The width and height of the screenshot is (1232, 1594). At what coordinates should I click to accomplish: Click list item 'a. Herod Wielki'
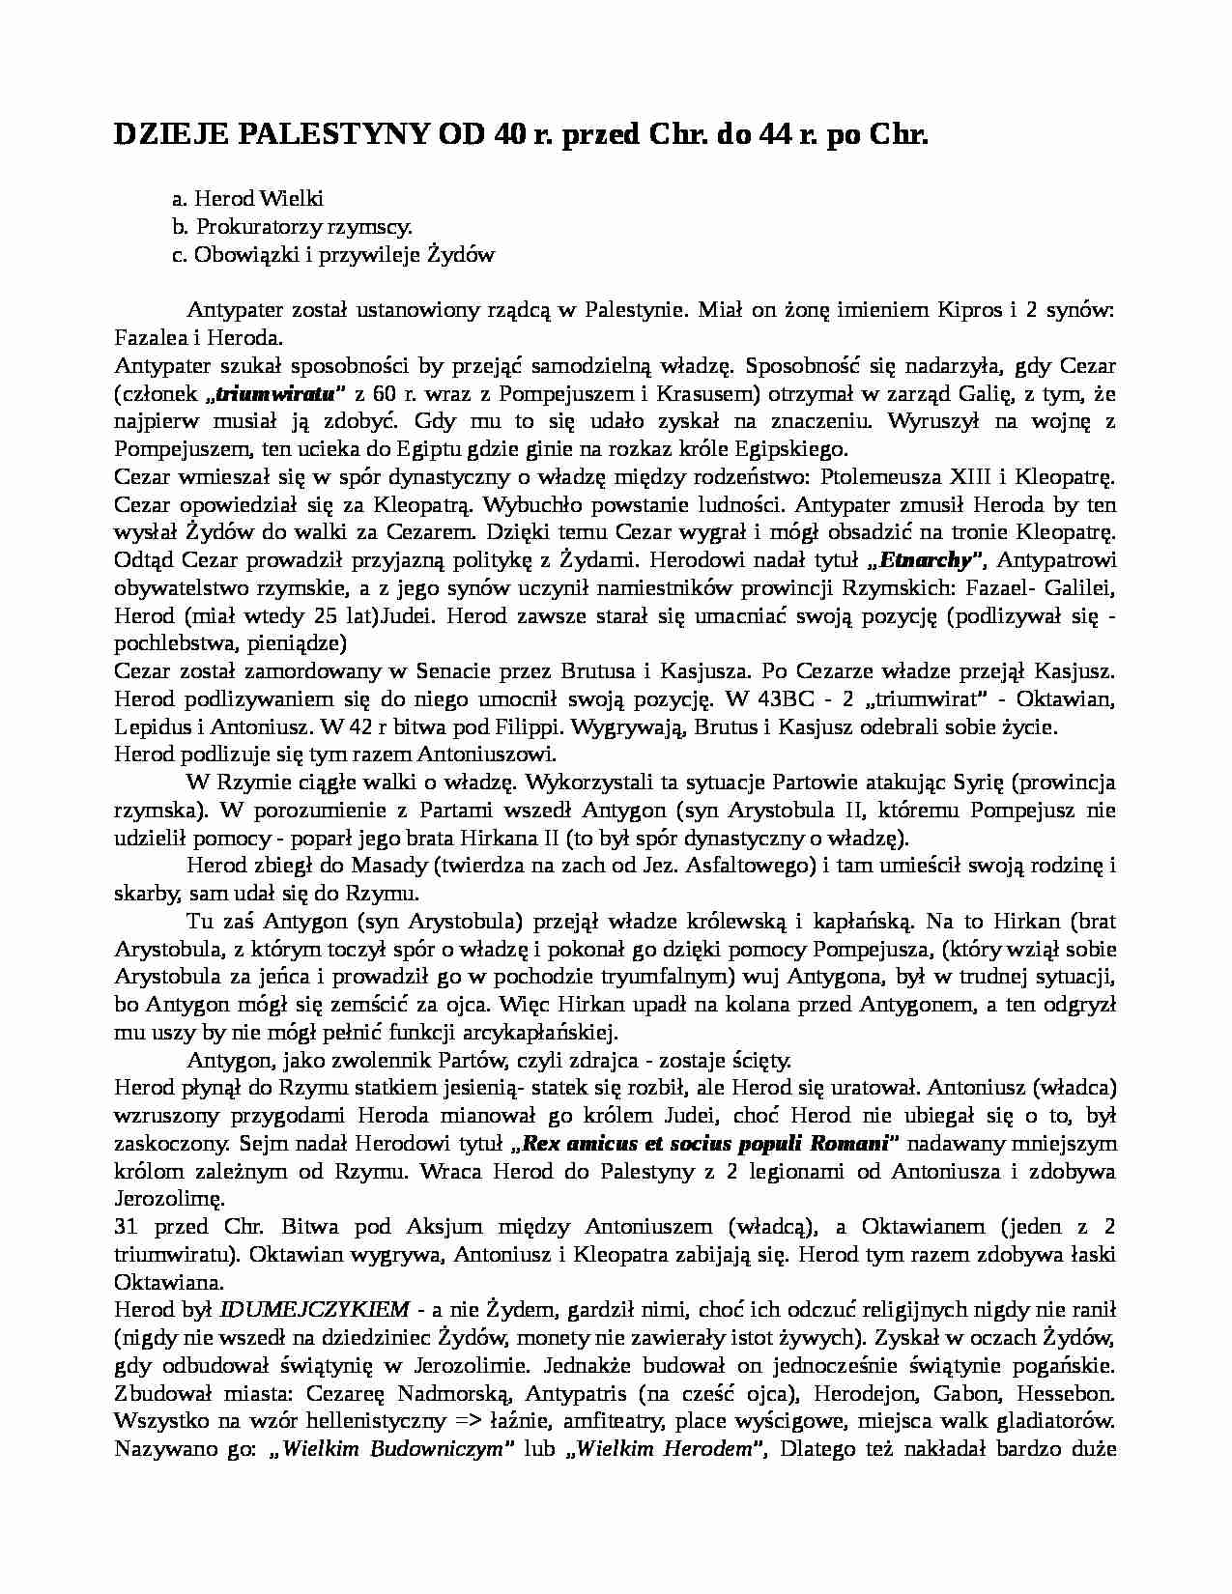247,199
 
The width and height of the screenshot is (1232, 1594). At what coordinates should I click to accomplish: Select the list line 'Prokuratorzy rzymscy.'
304,227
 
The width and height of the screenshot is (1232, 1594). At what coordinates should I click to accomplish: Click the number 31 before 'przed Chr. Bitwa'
125,1228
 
